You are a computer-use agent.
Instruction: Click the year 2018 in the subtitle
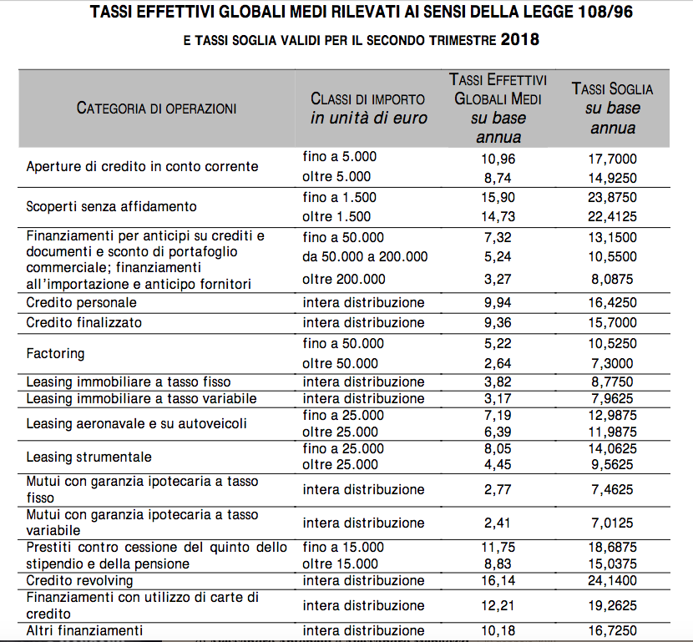[519, 40]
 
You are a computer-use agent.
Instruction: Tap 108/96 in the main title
[605, 12]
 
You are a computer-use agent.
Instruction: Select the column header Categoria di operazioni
[156, 109]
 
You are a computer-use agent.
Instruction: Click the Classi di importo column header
[368, 109]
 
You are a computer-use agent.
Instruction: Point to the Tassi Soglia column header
[613, 109]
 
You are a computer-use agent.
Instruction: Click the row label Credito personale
[81, 303]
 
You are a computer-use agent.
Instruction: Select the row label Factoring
[55, 353]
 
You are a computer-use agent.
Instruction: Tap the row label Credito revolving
[79, 580]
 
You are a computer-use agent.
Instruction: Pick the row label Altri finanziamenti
[84, 630]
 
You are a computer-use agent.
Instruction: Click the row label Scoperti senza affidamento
[111, 206]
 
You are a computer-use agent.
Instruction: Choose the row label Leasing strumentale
[89, 457]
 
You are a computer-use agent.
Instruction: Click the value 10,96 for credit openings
[498, 159]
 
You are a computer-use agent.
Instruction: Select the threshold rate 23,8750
[613, 197]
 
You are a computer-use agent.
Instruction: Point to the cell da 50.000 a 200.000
[365, 256]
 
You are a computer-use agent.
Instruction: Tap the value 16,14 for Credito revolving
[498, 580]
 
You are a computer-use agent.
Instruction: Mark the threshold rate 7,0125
[613, 523]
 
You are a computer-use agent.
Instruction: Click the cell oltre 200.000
[344, 279]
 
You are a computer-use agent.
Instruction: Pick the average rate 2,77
[498, 489]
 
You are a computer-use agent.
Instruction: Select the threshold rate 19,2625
[613, 605]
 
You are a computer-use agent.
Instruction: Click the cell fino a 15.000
[343, 548]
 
